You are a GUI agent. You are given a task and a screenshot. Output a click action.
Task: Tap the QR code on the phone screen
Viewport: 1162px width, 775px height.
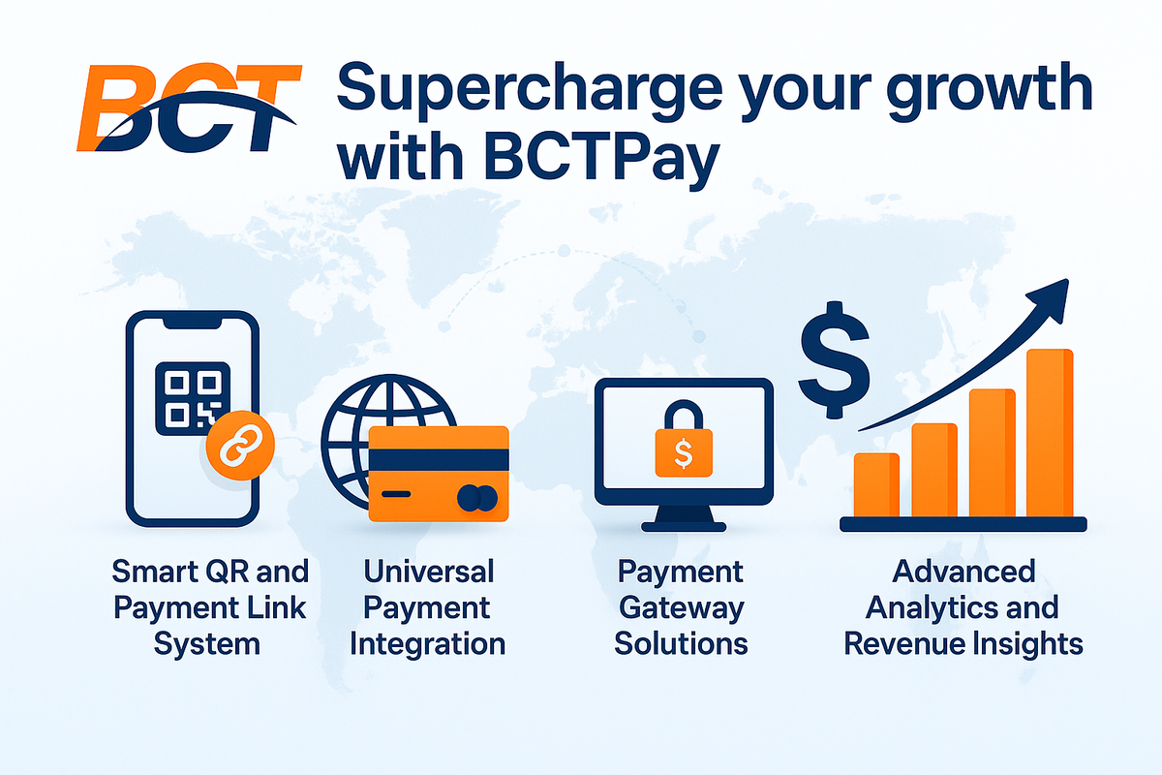coord(193,394)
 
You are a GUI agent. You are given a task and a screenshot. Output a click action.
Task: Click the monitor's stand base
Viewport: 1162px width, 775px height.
coord(683,524)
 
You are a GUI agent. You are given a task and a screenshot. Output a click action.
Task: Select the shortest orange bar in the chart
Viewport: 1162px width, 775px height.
coord(875,484)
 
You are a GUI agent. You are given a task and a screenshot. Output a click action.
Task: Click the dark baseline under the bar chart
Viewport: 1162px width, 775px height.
coord(963,524)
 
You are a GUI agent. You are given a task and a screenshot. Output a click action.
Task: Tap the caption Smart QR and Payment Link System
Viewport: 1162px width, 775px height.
coord(209,607)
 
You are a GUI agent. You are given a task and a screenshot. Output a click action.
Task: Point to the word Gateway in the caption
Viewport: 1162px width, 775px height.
coord(682,607)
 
